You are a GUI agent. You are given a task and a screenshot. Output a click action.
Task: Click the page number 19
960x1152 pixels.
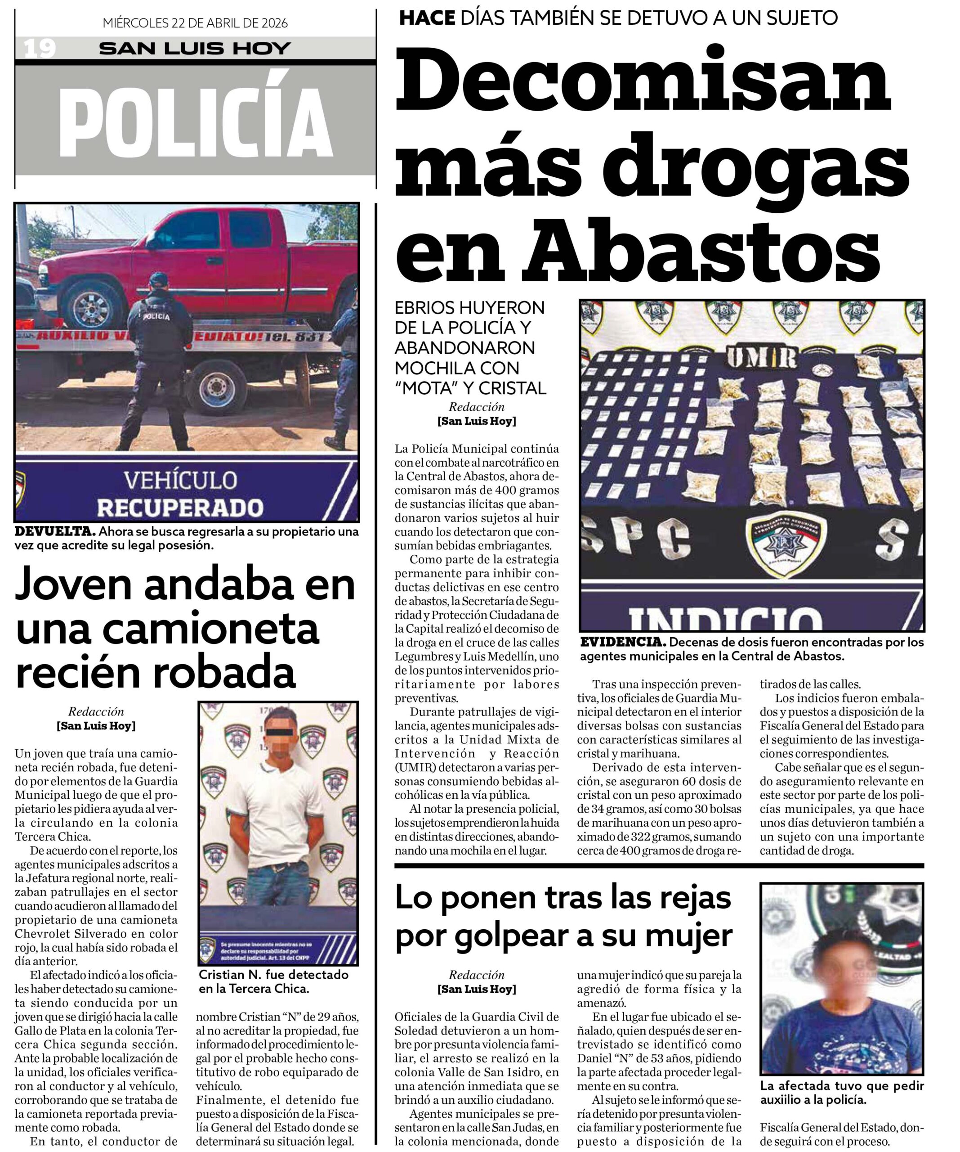tap(40, 49)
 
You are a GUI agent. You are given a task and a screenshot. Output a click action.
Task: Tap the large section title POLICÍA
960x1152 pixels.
tap(196, 122)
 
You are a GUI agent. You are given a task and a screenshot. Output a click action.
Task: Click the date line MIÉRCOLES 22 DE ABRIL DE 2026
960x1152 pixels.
tap(195, 23)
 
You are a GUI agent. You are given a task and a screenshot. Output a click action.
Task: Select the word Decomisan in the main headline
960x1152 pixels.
tap(642, 80)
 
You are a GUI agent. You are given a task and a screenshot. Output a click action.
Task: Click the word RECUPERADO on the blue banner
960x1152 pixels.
tap(180, 508)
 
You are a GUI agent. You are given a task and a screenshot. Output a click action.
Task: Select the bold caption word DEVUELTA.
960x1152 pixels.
tap(55, 531)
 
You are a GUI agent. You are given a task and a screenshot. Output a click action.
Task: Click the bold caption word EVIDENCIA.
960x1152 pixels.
tap(623, 642)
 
